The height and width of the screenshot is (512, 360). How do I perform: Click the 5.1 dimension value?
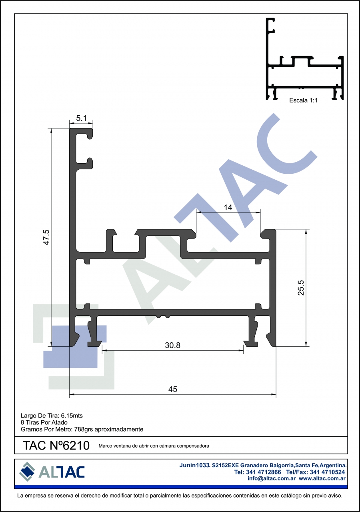tap(81, 118)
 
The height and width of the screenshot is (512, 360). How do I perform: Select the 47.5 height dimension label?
tap(46, 237)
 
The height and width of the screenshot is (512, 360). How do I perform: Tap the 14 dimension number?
tap(228, 207)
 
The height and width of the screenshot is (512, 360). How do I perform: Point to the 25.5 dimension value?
tap(301, 287)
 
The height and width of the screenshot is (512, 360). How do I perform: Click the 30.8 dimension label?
tap(172, 345)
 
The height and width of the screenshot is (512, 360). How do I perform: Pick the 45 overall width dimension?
tap(173, 389)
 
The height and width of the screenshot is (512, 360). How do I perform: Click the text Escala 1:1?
tap(303, 100)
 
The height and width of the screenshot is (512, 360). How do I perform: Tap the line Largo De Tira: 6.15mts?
tap(52, 416)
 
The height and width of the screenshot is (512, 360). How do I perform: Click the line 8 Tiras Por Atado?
tap(44, 422)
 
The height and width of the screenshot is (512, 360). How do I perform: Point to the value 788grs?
tap(84, 429)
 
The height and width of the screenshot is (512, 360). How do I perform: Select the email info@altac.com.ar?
tap(272, 478)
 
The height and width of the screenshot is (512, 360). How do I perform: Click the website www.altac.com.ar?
tap(322, 478)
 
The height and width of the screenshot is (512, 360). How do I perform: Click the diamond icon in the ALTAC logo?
tap(27, 472)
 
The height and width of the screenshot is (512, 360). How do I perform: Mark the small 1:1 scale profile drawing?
tap(305, 59)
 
